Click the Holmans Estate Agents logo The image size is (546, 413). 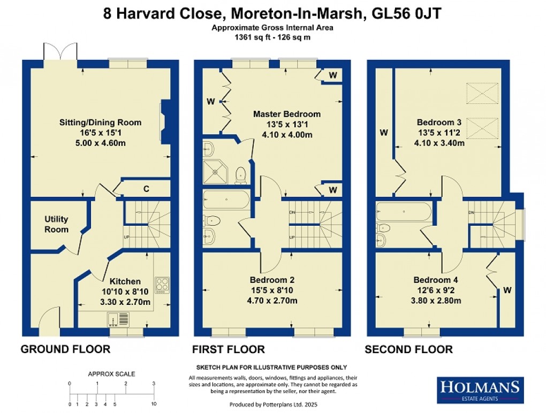click(x=480, y=389)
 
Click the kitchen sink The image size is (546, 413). click(x=118, y=319)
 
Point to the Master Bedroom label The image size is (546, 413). click(x=287, y=114)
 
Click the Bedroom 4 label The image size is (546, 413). click(x=436, y=280)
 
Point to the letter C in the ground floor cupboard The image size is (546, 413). click(x=146, y=188)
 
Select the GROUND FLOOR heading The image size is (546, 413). click(x=65, y=349)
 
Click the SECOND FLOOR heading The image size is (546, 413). click(x=408, y=349)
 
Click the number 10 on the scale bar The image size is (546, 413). click(x=153, y=404)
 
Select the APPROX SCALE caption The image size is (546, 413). click(x=111, y=374)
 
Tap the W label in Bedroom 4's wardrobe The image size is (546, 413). click(x=506, y=290)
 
